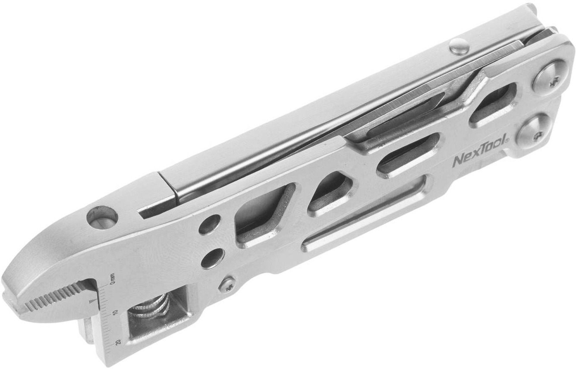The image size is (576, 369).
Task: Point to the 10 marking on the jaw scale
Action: pos(115,313)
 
